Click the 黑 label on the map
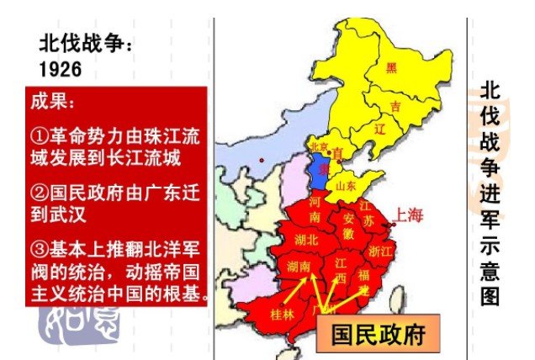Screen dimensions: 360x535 pos(391,67)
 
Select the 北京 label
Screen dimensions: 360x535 pos(319,146)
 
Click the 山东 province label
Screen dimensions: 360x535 pos(346,185)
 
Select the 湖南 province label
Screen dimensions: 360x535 pos(299,266)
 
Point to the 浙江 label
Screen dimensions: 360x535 pos(380,250)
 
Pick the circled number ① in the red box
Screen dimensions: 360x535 pos(39,135)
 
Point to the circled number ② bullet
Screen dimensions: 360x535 pos(39,193)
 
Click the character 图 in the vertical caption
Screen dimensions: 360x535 pos(490,297)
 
